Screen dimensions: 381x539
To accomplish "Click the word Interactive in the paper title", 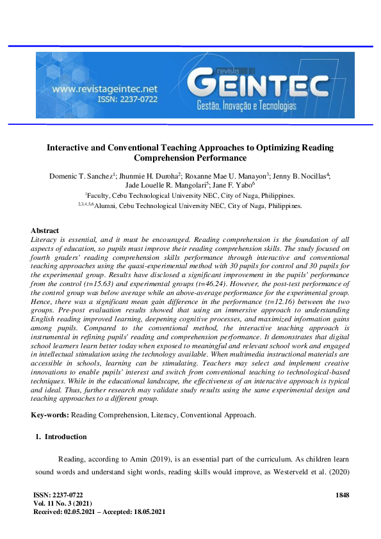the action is click(x=71, y=147).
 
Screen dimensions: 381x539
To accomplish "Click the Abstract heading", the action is click(x=45, y=230).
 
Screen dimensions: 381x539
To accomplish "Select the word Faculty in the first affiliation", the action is click(x=99, y=195).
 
